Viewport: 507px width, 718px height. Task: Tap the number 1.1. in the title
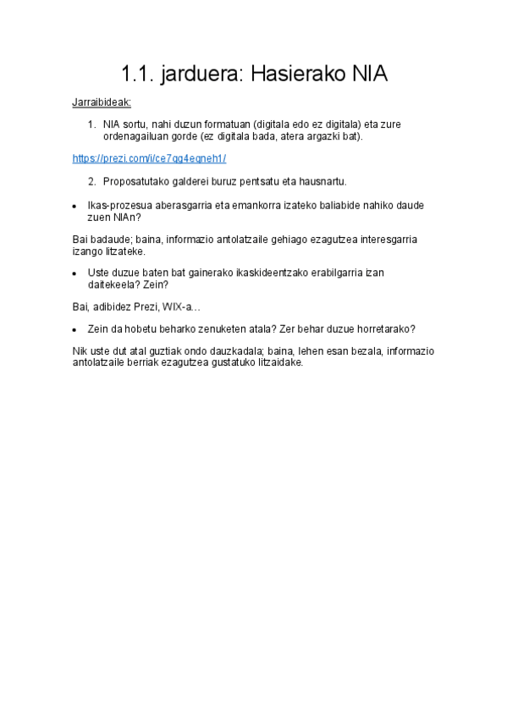136,74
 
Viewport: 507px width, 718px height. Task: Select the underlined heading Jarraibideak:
102,102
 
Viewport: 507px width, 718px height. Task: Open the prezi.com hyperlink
150,158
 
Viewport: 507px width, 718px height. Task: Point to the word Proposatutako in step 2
135,181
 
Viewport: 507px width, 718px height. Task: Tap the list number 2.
92,181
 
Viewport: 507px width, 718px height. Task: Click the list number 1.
92,124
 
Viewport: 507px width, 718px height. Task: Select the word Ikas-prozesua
119,205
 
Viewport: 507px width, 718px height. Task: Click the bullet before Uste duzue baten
75,273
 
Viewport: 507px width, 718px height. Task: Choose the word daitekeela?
114,285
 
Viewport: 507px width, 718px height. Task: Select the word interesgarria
382,239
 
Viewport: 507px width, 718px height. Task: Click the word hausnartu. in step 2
319,181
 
